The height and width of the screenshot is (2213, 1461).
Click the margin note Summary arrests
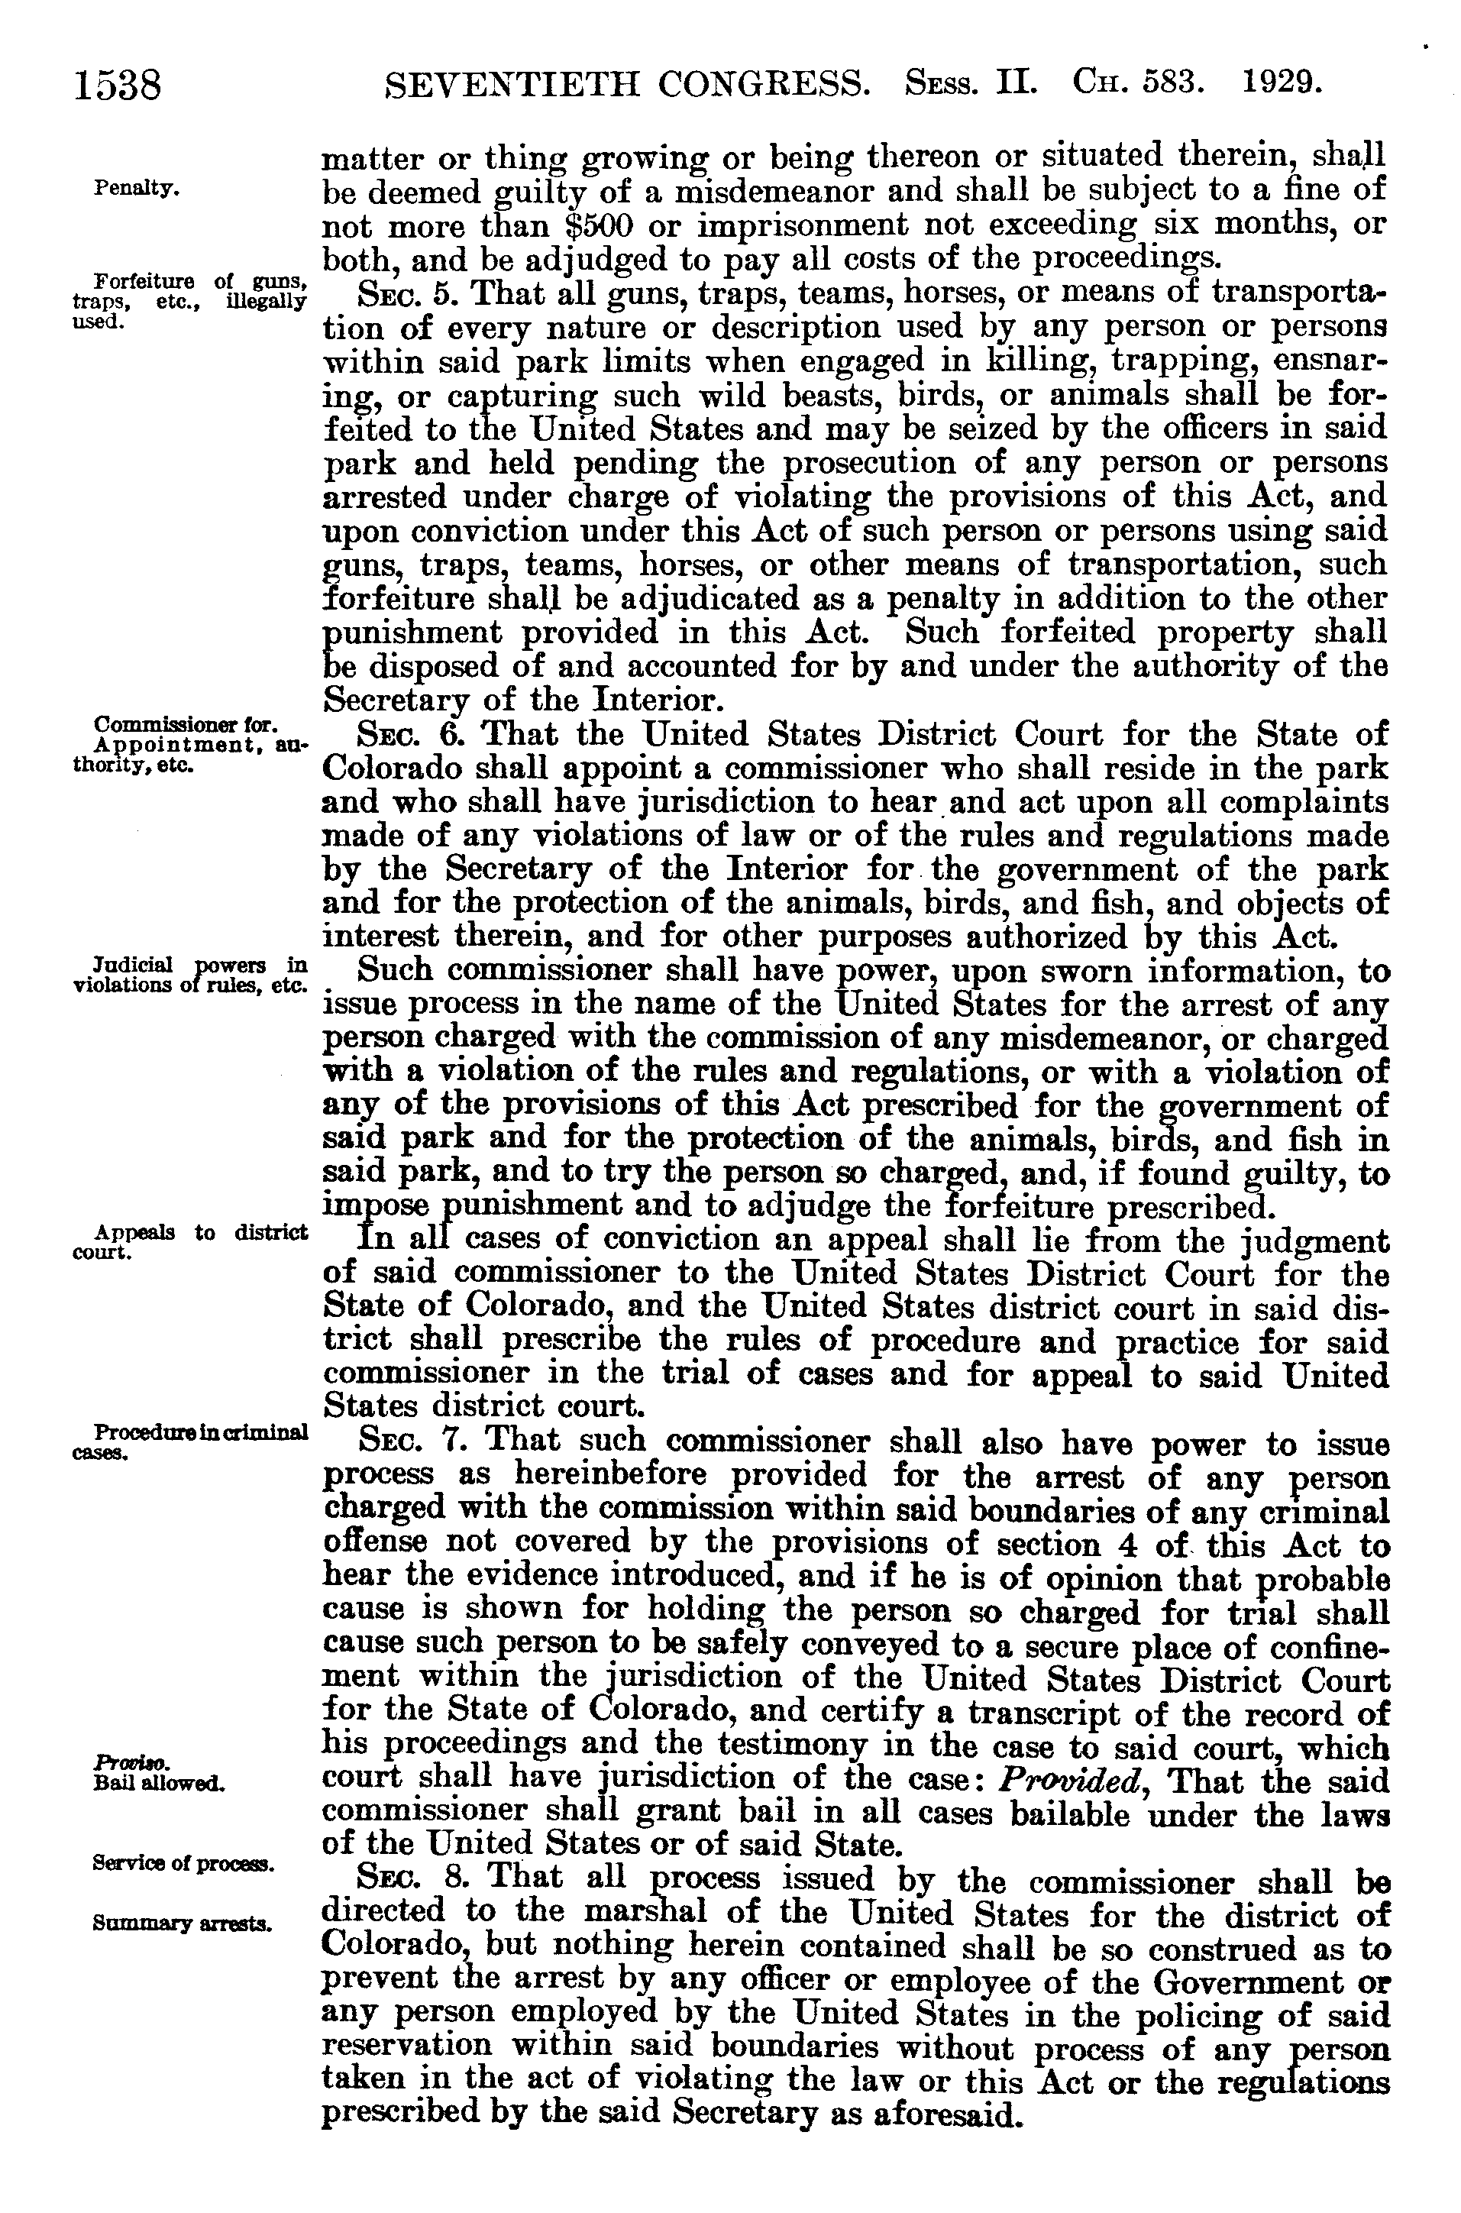181,1922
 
